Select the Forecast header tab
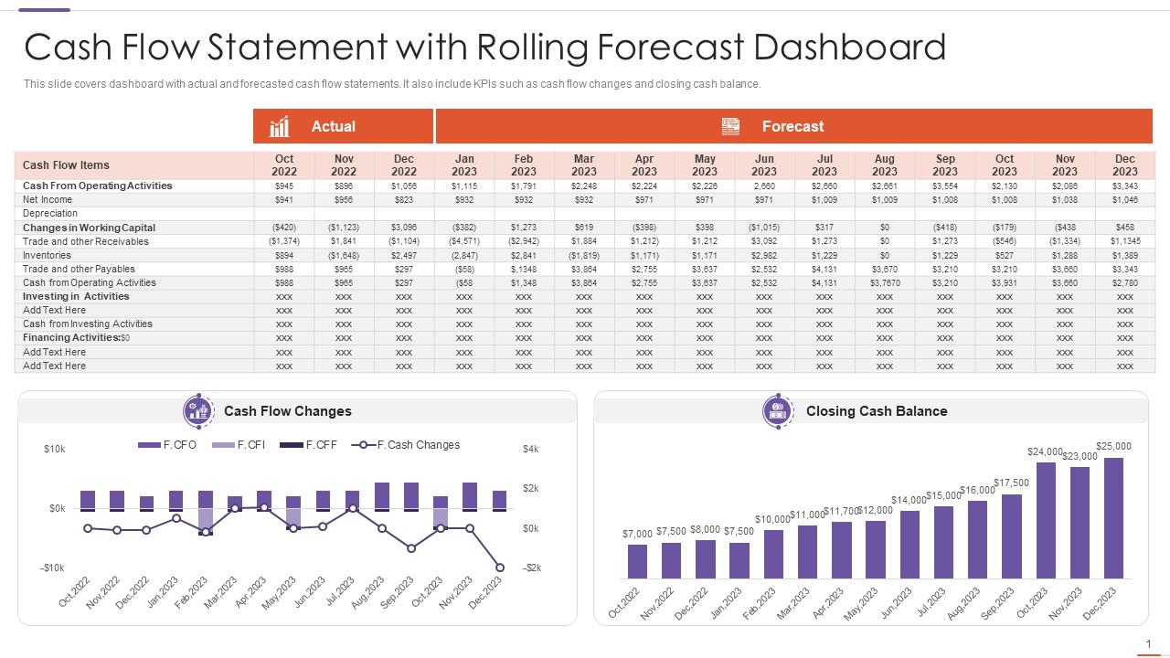(793, 126)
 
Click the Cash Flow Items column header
(66, 165)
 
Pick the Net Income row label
(48, 199)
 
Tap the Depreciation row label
(50, 213)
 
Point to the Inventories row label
(47, 255)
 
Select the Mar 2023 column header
(584, 165)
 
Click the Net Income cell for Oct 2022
(284, 199)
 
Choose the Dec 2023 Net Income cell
(1125, 199)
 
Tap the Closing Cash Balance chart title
(876, 411)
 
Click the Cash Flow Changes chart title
(287, 411)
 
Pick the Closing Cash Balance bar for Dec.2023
(1113, 518)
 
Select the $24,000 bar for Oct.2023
(1046, 521)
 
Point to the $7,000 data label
(637, 534)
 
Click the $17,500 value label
(1011, 483)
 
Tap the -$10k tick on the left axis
(52, 568)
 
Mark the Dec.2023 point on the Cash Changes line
(500, 568)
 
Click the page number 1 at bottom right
(1148, 644)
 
